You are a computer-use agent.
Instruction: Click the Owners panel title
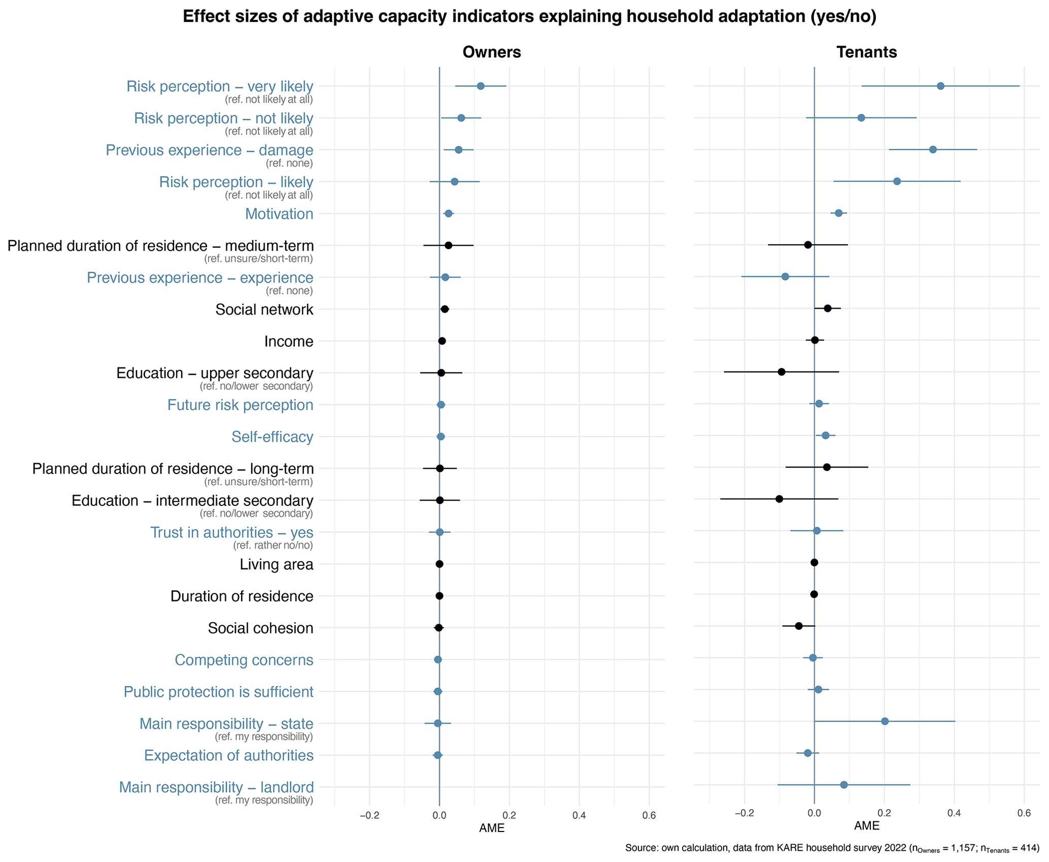pos(491,52)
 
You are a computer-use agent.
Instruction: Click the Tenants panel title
pos(866,52)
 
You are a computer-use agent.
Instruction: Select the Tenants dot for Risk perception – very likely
pos(940,86)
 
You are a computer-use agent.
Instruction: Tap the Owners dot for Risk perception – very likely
pos(481,86)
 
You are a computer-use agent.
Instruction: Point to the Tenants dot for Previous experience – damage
pos(933,149)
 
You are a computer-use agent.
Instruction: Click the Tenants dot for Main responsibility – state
pos(885,721)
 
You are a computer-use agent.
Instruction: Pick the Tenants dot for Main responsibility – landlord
pos(844,785)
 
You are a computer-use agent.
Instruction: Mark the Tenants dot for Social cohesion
pos(799,626)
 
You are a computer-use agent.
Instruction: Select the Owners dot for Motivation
pos(449,213)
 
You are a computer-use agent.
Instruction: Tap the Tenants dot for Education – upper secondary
pos(782,372)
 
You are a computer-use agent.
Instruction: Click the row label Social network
pos(264,309)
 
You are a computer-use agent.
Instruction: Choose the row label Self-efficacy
pos(272,437)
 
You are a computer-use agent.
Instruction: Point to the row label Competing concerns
pos(244,660)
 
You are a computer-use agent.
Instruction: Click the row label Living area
pos(276,564)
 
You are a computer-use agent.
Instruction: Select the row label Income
pos(288,341)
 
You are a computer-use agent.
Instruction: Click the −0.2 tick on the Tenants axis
pos(744,813)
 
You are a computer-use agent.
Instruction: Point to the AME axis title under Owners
pos(491,828)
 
